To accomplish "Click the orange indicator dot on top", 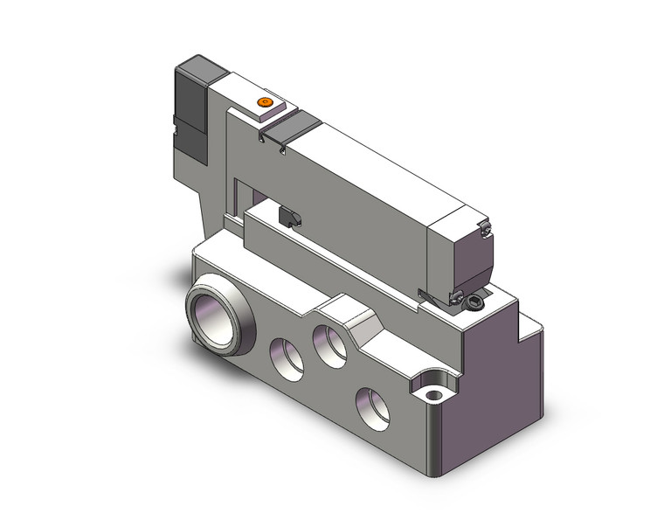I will [x=265, y=103].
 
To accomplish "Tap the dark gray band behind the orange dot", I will [x=287, y=128].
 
